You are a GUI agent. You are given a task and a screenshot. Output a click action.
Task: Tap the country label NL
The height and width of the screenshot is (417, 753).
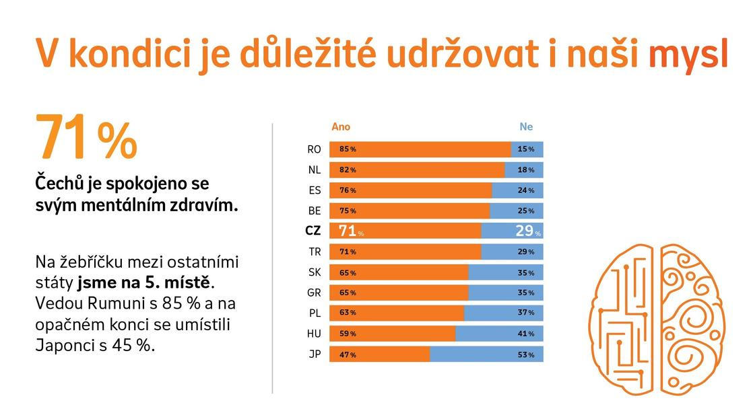(x=315, y=170)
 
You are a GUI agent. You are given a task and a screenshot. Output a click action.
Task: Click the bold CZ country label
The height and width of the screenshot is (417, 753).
(x=313, y=231)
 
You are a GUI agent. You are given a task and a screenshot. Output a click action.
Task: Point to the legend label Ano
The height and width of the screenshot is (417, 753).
(x=341, y=126)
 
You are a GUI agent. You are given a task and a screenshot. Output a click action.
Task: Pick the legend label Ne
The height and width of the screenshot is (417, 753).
(x=526, y=126)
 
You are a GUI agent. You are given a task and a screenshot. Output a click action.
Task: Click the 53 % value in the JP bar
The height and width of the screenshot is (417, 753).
(x=526, y=354)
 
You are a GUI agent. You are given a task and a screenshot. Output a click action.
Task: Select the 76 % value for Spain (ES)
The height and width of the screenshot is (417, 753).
(x=348, y=190)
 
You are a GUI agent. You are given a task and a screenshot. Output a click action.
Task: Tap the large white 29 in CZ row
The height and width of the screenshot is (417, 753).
(x=525, y=231)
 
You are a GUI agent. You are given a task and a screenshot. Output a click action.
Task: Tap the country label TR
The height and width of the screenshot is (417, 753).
(x=315, y=252)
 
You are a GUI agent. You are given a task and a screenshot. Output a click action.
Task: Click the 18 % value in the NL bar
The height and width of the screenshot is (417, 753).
(x=526, y=170)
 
